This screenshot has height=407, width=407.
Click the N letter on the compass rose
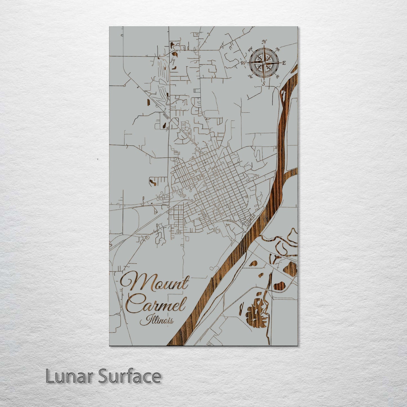(264, 42)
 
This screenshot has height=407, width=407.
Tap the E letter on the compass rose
(284, 63)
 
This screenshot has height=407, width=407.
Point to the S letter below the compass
(264, 83)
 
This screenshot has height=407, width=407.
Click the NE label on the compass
(278, 50)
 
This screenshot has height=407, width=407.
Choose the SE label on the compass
(277, 76)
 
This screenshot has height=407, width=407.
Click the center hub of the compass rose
(264, 63)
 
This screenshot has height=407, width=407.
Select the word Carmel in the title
(156, 303)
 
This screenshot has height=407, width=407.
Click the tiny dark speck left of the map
(97, 159)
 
